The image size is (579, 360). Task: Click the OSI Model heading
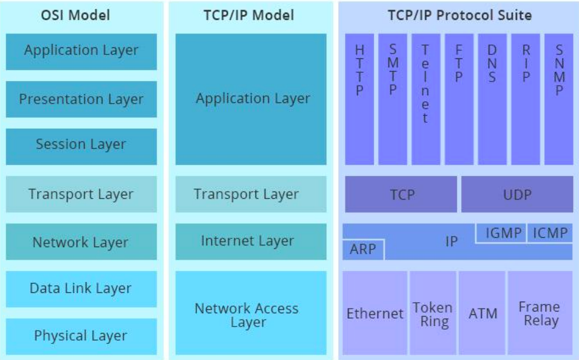coord(75,15)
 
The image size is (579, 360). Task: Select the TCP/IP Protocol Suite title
coord(460,15)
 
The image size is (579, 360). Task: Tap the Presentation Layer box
coord(81,99)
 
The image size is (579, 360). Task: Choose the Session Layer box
coord(81,146)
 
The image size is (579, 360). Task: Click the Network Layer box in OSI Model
coord(81,242)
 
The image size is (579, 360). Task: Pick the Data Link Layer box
coord(81,289)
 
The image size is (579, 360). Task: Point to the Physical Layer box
coord(81,336)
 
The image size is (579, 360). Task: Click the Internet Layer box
coord(251,242)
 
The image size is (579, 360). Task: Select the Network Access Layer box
coord(251,313)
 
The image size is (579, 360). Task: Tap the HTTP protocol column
coord(359,99)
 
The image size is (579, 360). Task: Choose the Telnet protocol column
coord(426,99)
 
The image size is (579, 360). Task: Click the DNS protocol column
coord(492,99)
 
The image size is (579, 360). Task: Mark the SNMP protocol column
coord(559,99)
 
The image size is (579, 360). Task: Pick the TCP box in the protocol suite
coord(401,194)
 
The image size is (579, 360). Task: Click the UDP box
coord(517,194)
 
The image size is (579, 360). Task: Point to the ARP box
coord(363,249)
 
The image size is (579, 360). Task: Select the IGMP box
coord(501,233)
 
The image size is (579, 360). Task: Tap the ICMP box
coord(550,233)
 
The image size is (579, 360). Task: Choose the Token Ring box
coord(433,313)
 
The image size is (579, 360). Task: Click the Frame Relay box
coord(540,313)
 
